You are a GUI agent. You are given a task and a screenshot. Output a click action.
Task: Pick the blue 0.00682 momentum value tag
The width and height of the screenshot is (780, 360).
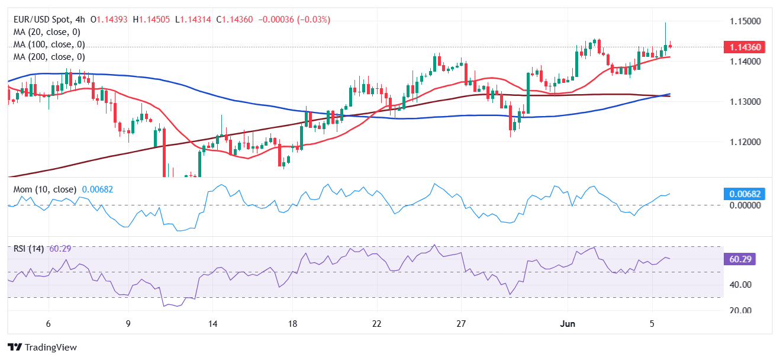click(743, 194)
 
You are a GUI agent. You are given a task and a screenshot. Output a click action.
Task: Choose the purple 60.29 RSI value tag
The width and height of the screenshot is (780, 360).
click(739, 259)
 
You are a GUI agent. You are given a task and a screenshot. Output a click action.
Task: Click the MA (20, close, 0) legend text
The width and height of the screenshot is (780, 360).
click(47, 32)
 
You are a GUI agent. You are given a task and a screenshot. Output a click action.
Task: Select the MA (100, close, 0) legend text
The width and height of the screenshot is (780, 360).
click(49, 44)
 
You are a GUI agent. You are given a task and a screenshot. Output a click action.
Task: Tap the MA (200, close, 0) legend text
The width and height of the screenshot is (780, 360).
click(49, 57)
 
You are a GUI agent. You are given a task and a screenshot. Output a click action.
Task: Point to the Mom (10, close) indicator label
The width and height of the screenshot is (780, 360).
click(45, 189)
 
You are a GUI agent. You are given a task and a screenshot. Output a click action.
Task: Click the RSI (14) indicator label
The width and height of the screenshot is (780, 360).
click(28, 249)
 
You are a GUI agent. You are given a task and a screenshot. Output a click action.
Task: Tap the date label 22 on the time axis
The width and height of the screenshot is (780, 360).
click(377, 324)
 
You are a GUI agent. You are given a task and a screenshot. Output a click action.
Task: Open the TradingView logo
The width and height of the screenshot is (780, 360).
click(42, 348)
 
